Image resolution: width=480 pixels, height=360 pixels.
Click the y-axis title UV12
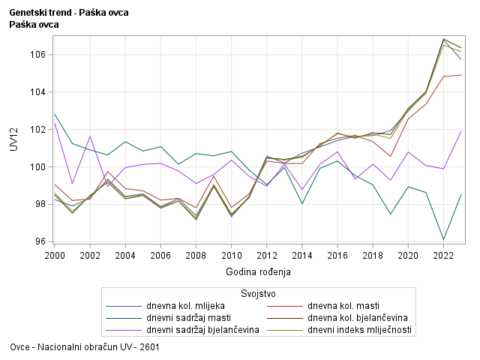tap(13, 139)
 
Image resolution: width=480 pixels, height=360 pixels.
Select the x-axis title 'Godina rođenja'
tap(258, 271)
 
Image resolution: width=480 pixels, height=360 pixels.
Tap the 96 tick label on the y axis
tap(41, 241)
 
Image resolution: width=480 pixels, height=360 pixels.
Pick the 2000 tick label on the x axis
tap(55, 255)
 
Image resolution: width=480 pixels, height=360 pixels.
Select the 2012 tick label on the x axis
tap(267, 255)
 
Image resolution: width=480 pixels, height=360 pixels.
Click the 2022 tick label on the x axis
tap(444, 255)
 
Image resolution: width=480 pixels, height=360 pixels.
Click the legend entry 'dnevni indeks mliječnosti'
tap(359, 330)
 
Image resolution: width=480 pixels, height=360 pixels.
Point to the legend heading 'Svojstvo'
tap(258, 293)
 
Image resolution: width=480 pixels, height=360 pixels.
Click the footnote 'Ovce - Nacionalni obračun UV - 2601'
tap(85, 347)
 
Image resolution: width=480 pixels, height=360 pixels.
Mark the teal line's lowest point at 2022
tap(444, 239)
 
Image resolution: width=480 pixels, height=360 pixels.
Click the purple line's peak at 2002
tap(90, 136)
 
